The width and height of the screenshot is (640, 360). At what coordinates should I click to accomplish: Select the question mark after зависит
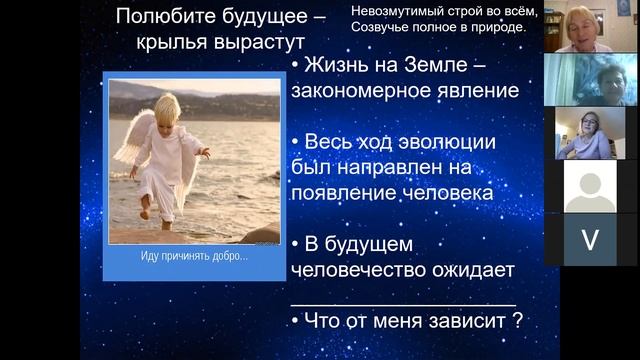pos(518,322)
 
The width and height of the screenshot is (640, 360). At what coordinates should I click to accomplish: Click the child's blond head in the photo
pos(168,107)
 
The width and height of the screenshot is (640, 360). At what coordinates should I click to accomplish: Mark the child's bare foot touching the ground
pos(146,213)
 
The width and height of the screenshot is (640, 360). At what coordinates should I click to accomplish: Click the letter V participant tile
pos(591,240)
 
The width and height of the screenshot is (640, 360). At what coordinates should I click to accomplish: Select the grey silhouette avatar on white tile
pos(591,186)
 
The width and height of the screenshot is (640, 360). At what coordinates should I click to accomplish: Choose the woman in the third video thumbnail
pos(586,133)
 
